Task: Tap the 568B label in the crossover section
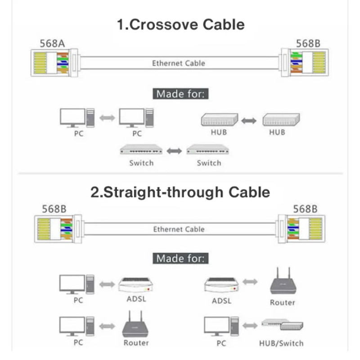[308, 43]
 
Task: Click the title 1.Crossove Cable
[180, 24]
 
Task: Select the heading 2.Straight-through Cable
[180, 192]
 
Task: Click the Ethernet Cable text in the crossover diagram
[178, 63]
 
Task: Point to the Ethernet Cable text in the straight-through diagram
[178, 229]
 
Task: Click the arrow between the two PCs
[107, 118]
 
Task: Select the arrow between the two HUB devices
[249, 121]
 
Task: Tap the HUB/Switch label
[281, 343]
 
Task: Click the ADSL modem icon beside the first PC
[136, 284]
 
